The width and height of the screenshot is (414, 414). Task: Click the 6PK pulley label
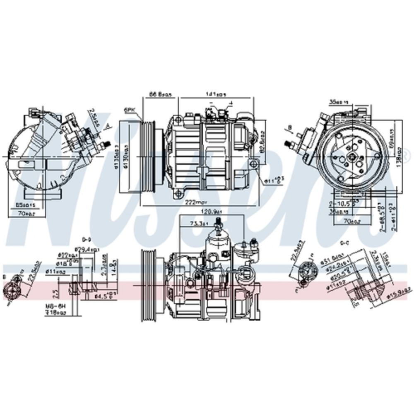pyautogui.click(x=129, y=111)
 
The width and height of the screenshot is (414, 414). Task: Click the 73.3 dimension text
pyautogui.click(x=196, y=224)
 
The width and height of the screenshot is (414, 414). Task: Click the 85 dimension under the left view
pyautogui.click(x=26, y=205)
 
